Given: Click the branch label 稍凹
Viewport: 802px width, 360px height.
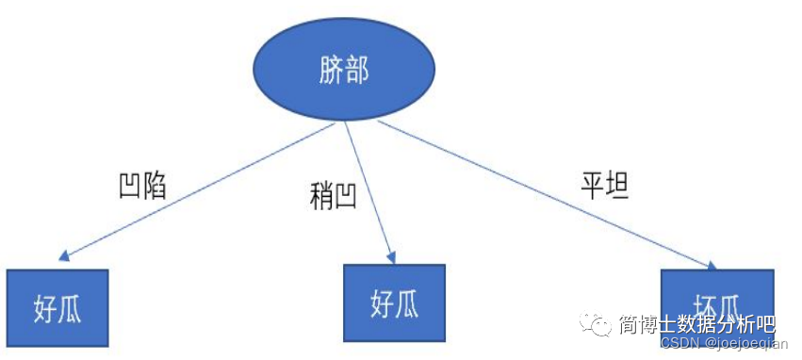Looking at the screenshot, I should click(333, 197).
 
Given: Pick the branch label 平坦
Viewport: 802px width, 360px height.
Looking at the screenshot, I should click(604, 185).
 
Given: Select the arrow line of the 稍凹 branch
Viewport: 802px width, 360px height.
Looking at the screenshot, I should click(367, 188).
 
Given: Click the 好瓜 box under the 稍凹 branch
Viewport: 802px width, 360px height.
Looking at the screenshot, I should click(393, 303).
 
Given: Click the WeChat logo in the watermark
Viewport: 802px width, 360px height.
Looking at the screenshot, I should click(598, 325).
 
